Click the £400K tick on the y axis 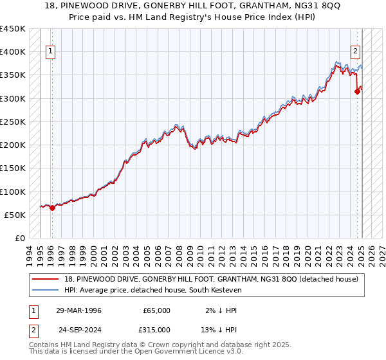coord(14,52)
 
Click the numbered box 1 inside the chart coord(50,53)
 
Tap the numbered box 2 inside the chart coord(355,53)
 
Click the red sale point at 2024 coord(357,92)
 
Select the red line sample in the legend coord(46,278)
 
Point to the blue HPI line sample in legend coord(46,290)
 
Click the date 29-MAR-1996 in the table coord(78,310)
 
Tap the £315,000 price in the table coord(156,329)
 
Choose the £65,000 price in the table coord(156,310)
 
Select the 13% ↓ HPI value coord(220,329)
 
